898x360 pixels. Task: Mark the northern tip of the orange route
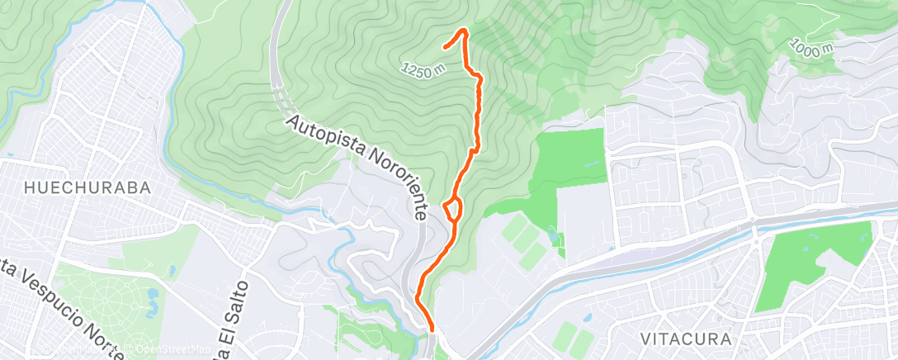[463, 31]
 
